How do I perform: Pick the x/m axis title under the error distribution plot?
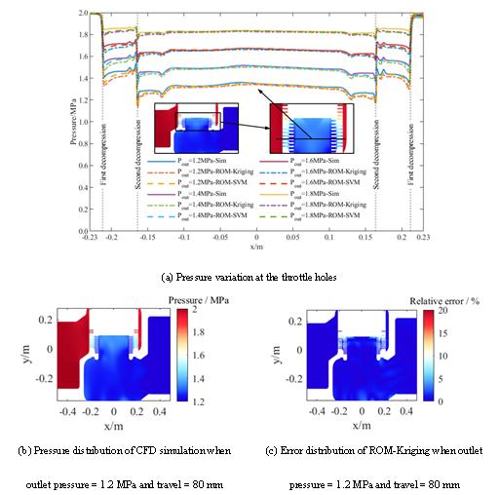[x=361, y=424]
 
